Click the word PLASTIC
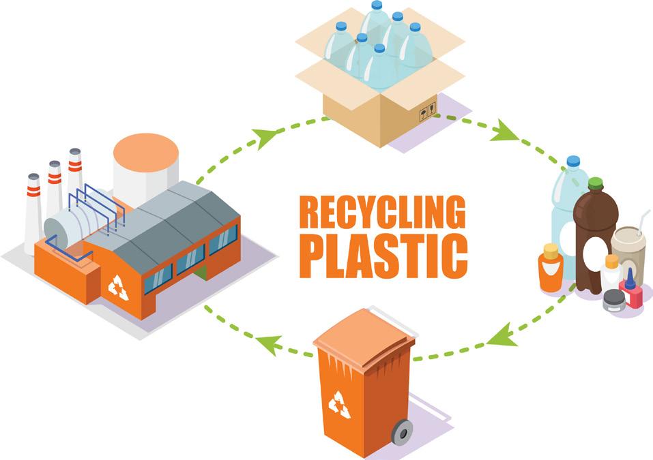[x=383, y=254]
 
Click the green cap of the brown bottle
[x=596, y=184]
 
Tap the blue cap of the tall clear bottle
[x=573, y=162]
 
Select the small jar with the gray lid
[x=613, y=301]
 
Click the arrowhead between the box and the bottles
[x=506, y=129]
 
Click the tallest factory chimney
[x=74, y=181]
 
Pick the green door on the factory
[x=200, y=273]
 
